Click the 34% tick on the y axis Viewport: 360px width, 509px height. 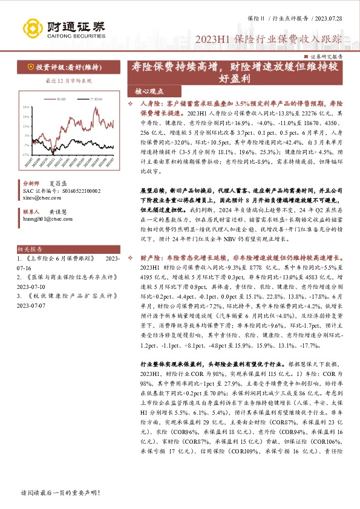(26, 107)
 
